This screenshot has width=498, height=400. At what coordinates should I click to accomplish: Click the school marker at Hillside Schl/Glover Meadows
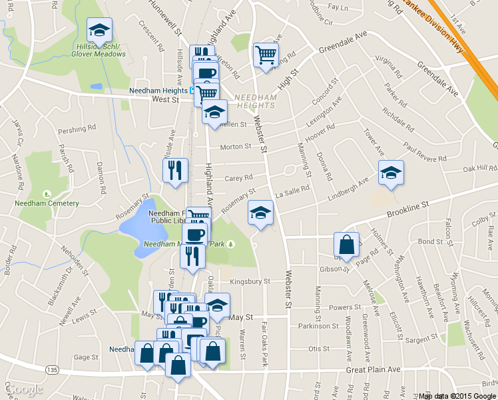pos(100,30)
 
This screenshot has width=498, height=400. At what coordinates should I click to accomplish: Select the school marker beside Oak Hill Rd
pos(391,173)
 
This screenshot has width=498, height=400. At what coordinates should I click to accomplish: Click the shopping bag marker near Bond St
pos(346,245)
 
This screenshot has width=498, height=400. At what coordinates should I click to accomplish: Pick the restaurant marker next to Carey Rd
pos(175,169)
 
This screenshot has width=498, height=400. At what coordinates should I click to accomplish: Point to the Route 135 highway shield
pos(53,369)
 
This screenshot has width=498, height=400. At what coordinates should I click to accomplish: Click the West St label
pos(166,99)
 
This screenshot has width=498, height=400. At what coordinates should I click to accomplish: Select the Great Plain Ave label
pos(373,369)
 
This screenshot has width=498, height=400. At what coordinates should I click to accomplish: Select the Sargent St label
pos(421,339)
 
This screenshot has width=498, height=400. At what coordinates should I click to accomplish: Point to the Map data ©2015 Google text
pos(457,396)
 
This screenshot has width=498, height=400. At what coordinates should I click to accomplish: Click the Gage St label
pos(86,357)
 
